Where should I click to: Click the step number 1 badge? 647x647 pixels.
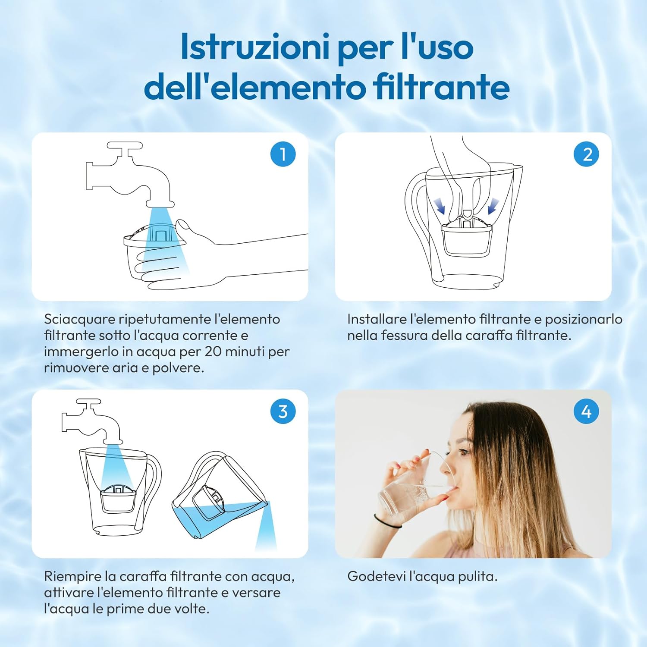[x=283, y=154]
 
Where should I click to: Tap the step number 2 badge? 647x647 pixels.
[x=586, y=154]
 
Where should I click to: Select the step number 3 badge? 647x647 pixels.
[x=283, y=411]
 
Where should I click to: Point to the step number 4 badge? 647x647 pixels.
[x=586, y=411]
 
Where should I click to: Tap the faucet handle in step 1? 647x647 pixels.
[x=125, y=146]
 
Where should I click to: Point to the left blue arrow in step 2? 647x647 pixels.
[x=440, y=206]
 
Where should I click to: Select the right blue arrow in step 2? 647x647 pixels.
[x=493, y=206]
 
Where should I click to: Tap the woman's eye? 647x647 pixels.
[x=464, y=452]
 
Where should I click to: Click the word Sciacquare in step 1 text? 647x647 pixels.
[x=79, y=320]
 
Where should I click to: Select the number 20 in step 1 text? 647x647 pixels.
[x=213, y=352]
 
